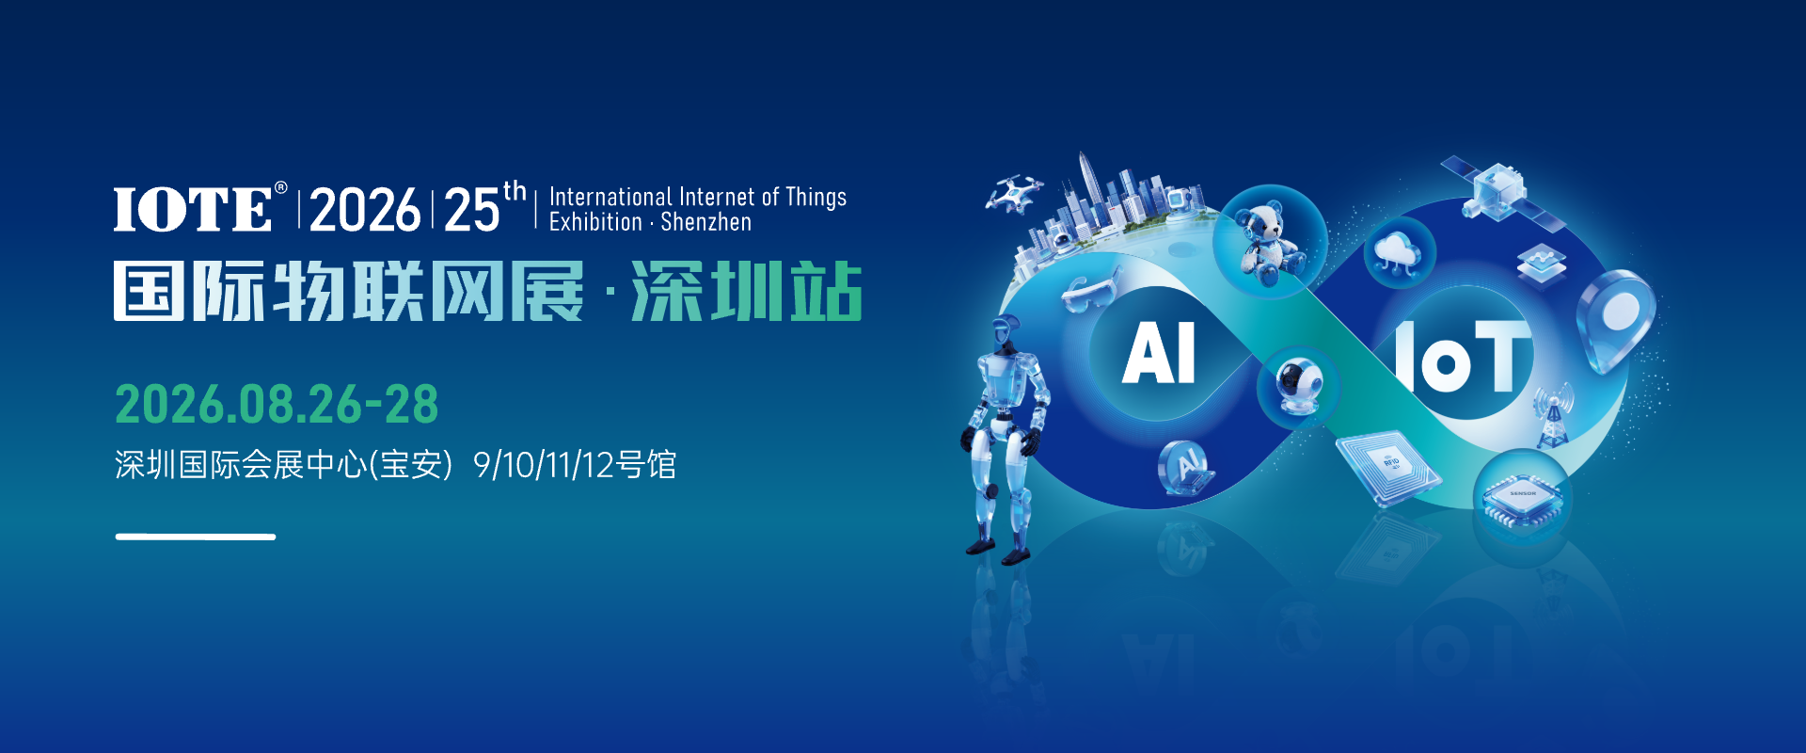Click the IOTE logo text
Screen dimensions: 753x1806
pyautogui.click(x=193, y=208)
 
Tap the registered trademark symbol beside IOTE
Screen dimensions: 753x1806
pyautogui.click(x=280, y=188)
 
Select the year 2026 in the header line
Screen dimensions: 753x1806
pyautogui.click(x=365, y=209)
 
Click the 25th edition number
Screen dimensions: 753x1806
pyautogui.click(x=473, y=209)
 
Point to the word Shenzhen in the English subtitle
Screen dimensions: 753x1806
pyautogui.click(x=705, y=223)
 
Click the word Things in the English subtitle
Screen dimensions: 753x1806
pyautogui.click(x=816, y=197)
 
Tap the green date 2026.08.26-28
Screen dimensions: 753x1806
pyautogui.click(x=277, y=405)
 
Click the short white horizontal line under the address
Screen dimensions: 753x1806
pyautogui.click(x=196, y=537)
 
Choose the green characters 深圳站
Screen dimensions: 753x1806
pyautogui.click(x=747, y=292)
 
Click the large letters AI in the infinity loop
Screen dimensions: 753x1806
pyautogui.click(x=1159, y=353)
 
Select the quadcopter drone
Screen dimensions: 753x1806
pyautogui.click(x=1014, y=193)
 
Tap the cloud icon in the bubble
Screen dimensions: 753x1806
pyautogui.click(x=1399, y=252)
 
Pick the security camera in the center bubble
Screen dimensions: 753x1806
pyautogui.click(x=1300, y=386)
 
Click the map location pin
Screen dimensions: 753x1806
pyautogui.click(x=1616, y=315)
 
